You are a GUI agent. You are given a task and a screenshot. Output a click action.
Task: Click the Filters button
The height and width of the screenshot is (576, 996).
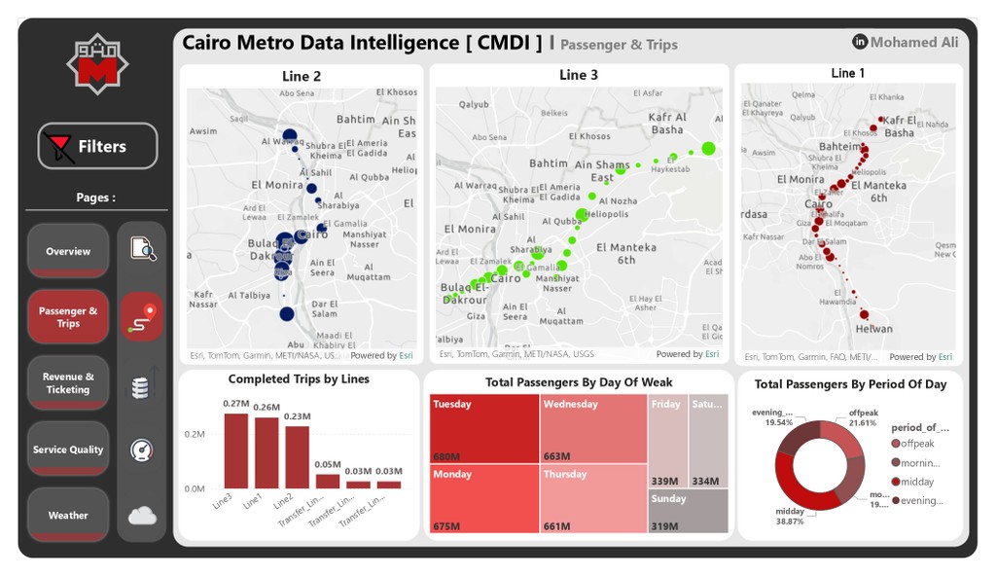[x=97, y=147]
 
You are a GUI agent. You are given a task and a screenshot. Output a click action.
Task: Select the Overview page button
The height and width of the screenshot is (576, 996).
[x=68, y=251]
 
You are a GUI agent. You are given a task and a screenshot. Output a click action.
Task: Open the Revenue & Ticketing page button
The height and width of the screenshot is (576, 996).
[x=68, y=382]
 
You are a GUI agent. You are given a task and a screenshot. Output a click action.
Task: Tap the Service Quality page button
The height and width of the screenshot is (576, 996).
[x=68, y=450]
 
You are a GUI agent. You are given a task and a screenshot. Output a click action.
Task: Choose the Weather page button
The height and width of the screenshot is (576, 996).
[x=68, y=515]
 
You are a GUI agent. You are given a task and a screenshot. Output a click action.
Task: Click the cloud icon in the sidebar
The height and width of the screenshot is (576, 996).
[x=142, y=516]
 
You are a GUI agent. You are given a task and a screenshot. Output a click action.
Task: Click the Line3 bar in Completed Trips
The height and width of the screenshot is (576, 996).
[x=235, y=450]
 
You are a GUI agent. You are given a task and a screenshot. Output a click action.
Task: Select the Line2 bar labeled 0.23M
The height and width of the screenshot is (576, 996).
[x=297, y=456]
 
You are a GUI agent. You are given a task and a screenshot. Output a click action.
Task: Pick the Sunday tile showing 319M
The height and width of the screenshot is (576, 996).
[x=688, y=511]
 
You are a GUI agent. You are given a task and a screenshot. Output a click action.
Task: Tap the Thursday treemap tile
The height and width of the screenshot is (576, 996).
[x=593, y=497]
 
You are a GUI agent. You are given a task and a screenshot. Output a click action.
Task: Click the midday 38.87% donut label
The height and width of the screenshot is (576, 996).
[x=790, y=516]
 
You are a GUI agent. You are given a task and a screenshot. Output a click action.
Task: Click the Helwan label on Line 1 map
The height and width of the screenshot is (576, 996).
[x=873, y=329]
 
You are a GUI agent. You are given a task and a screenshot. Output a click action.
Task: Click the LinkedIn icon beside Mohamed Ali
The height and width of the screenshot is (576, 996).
[x=860, y=42]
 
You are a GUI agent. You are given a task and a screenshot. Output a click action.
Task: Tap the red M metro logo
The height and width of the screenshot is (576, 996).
[x=96, y=66]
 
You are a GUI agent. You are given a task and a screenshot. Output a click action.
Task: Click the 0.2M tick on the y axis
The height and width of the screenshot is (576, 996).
[x=195, y=434]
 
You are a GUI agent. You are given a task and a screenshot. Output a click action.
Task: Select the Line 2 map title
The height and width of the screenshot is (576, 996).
[x=302, y=76]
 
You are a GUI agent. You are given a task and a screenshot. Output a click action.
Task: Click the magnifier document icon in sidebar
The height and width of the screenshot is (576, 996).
[x=143, y=248]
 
